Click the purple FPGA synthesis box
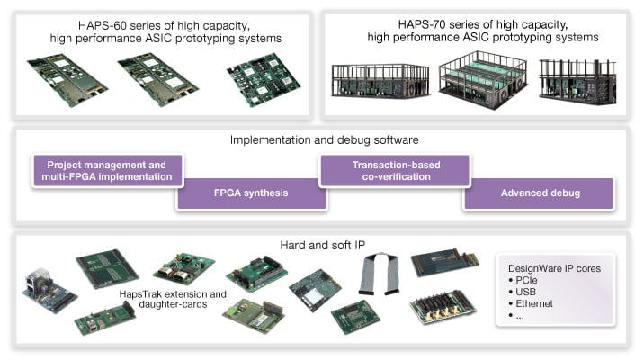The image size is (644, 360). tap(251, 193)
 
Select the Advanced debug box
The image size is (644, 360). tap(540, 193)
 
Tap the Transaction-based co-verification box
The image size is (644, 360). tap(395, 171)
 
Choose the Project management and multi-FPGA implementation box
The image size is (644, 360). tap(108, 171)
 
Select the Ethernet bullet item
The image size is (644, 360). tap(534, 303)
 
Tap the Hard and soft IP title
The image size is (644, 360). tap(321, 244)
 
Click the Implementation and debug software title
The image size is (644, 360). tap(324, 140)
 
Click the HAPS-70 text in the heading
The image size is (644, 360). tap(428, 23)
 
